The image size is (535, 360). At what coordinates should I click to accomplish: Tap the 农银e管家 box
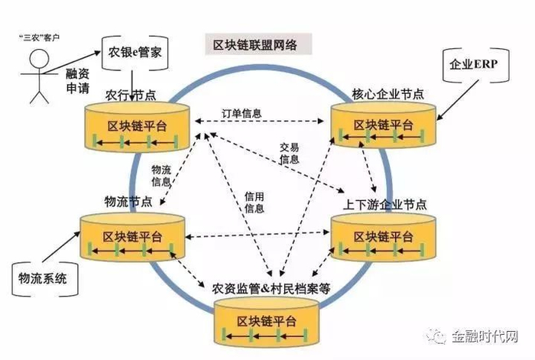pyautogui.click(x=136, y=54)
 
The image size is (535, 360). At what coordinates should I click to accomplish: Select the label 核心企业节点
pyautogui.click(x=388, y=95)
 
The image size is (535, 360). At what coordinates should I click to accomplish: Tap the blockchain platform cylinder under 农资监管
pyautogui.click(x=265, y=321)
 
